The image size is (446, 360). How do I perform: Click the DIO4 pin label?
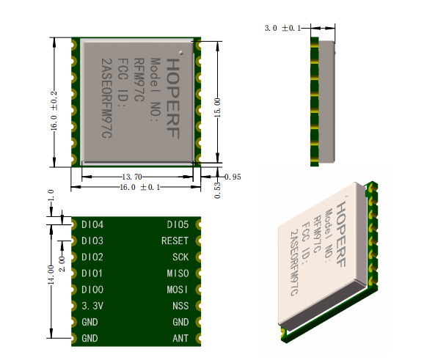click(x=92, y=225)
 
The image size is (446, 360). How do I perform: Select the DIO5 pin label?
click(x=178, y=225)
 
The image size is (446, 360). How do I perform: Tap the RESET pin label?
click(x=175, y=241)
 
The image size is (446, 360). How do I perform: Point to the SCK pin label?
click(x=180, y=257)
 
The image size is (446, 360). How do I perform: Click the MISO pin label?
click(x=178, y=273)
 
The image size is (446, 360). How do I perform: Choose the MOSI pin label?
click(x=178, y=290)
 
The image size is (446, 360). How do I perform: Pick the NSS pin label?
click(x=180, y=306)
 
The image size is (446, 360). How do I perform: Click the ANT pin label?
click(x=180, y=338)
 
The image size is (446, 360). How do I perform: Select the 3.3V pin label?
click(x=92, y=306)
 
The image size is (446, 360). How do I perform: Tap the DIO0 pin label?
click(x=92, y=290)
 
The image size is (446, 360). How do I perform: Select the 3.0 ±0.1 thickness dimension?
click(x=282, y=28)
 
